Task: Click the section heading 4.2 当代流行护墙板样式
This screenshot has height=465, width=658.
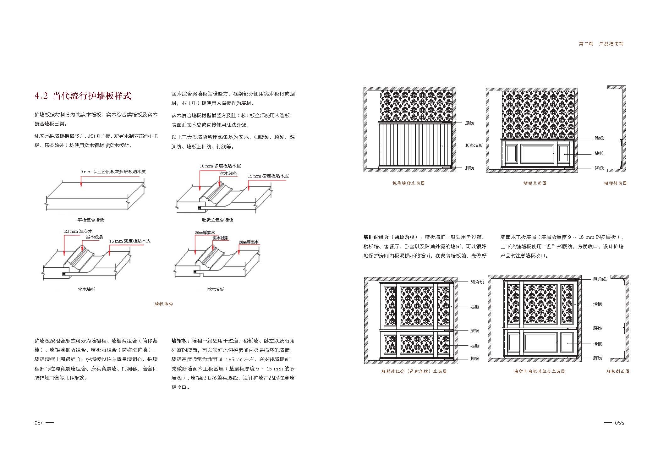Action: (83, 96)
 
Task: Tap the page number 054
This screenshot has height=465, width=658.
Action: (39, 423)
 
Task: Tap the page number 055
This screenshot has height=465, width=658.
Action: (619, 423)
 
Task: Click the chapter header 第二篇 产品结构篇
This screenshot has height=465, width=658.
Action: (601, 44)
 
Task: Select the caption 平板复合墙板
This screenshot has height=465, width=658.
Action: (91, 220)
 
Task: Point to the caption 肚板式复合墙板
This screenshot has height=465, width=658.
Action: (217, 220)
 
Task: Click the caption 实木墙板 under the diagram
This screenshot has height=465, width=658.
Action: (87, 289)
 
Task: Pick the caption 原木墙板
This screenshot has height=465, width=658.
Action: (215, 289)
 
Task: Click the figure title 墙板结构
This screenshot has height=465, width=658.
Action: (164, 304)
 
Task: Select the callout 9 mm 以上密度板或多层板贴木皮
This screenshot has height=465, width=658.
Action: (113, 172)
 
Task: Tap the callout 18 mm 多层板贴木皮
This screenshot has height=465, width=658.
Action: (220, 166)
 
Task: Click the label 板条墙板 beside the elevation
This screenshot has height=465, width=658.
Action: (474, 145)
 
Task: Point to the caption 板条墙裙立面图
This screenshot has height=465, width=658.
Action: (409, 183)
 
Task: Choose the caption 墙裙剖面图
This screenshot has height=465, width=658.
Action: (615, 183)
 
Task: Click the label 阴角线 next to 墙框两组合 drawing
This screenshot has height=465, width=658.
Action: (477, 282)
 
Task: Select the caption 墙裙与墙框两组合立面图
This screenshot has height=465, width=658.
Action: (539, 371)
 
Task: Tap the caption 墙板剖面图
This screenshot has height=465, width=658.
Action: (617, 371)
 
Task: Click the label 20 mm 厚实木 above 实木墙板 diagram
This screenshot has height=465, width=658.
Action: (78, 231)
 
